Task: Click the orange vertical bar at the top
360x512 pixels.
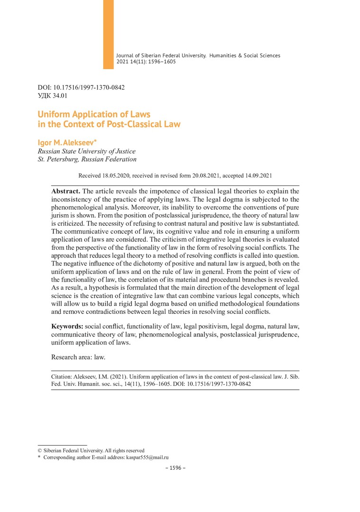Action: click(x=108, y=34)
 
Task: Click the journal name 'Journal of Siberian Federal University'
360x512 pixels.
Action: click(x=161, y=55)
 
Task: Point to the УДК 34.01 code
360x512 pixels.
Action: click(x=53, y=96)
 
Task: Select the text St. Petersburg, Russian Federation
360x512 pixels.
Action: click(x=87, y=159)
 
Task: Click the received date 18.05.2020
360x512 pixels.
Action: click(x=116, y=175)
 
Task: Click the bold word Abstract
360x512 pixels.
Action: click(x=66, y=191)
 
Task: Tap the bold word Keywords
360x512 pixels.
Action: click(x=67, y=327)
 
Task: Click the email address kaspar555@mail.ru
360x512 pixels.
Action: click(x=147, y=457)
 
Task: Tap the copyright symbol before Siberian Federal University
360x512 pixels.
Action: click(x=40, y=450)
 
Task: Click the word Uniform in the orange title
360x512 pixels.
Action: click(x=53, y=114)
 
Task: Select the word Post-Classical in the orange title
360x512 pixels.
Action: click(x=138, y=125)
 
